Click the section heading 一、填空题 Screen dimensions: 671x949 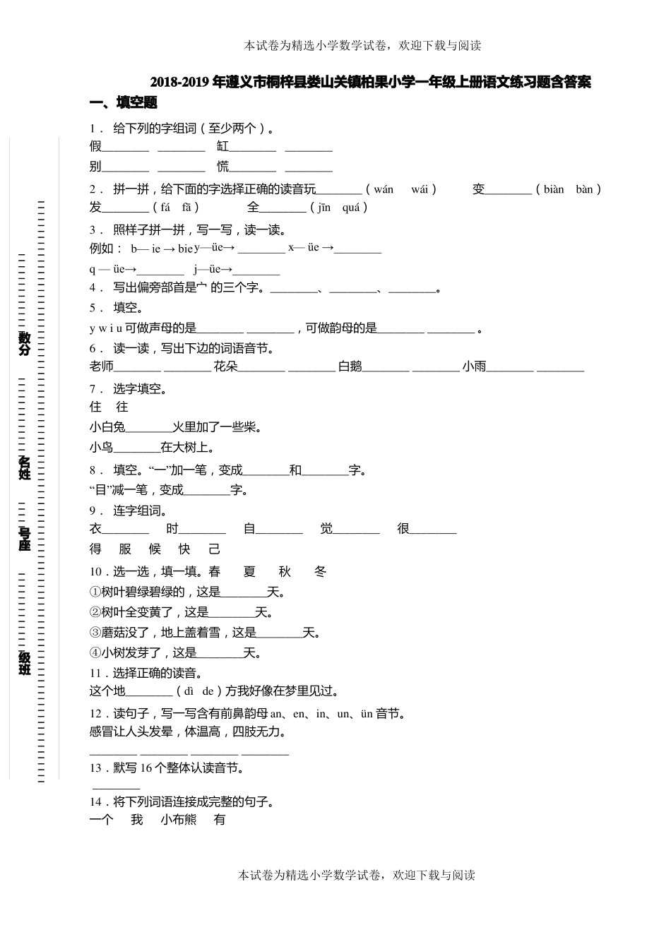coord(123,103)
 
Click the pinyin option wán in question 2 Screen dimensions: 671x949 coord(384,189)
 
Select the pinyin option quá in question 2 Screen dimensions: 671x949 coord(351,208)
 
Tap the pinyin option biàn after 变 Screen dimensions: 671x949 coord(554,189)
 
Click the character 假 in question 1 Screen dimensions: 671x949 coord(95,147)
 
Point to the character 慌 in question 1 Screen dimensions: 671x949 coord(223,167)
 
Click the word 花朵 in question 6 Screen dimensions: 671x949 coord(226,366)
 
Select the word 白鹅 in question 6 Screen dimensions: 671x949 coord(350,366)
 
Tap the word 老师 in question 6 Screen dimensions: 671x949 coord(102,366)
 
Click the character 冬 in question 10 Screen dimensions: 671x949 coord(320,572)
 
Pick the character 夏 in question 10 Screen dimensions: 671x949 coord(249,572)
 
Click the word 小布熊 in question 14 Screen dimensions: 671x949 coord(178,820)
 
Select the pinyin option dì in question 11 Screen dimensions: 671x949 coord(189,692)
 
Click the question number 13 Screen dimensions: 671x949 coord(95,768)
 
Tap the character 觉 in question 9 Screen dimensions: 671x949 coord(326,529)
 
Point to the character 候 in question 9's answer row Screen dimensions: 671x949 coord(155,549)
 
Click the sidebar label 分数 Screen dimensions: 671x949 coord(25,343)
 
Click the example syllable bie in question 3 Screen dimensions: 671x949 coord(185,249)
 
